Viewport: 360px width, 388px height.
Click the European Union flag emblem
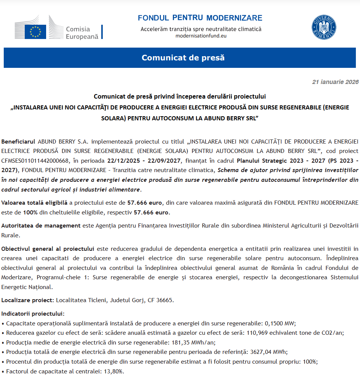[35, 31]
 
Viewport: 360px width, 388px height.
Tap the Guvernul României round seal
[324, 27]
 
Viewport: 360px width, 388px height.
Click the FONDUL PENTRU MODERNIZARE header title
[200, 18]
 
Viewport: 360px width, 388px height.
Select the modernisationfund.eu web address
[201, 36]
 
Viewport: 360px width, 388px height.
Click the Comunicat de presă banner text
[183, 58]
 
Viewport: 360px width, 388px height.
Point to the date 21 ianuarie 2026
[335, 82]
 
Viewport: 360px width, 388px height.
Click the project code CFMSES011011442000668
[35, 161]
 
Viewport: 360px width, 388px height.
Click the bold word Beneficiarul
[18, 142]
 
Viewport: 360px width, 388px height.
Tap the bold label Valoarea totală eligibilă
[34, 203]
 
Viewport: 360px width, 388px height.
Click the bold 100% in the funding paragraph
[30, 213]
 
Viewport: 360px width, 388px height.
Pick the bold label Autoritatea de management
[41, 226]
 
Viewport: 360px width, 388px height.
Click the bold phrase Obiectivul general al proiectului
[48, 249]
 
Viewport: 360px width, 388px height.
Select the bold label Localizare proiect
[28, 300]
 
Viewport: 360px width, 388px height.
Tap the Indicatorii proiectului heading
[33, 313]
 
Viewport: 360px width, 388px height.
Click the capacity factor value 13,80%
[112, 372]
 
